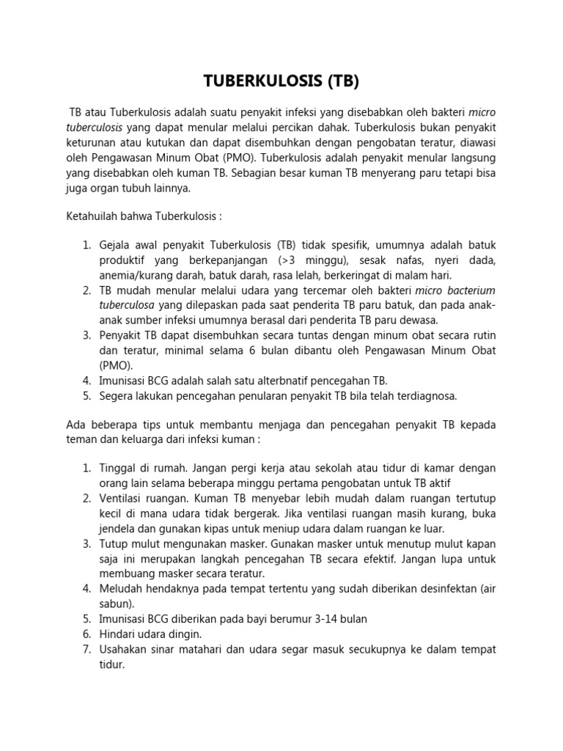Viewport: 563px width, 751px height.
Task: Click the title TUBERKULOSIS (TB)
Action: [281, 81]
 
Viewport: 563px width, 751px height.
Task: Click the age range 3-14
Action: [316, 619]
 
